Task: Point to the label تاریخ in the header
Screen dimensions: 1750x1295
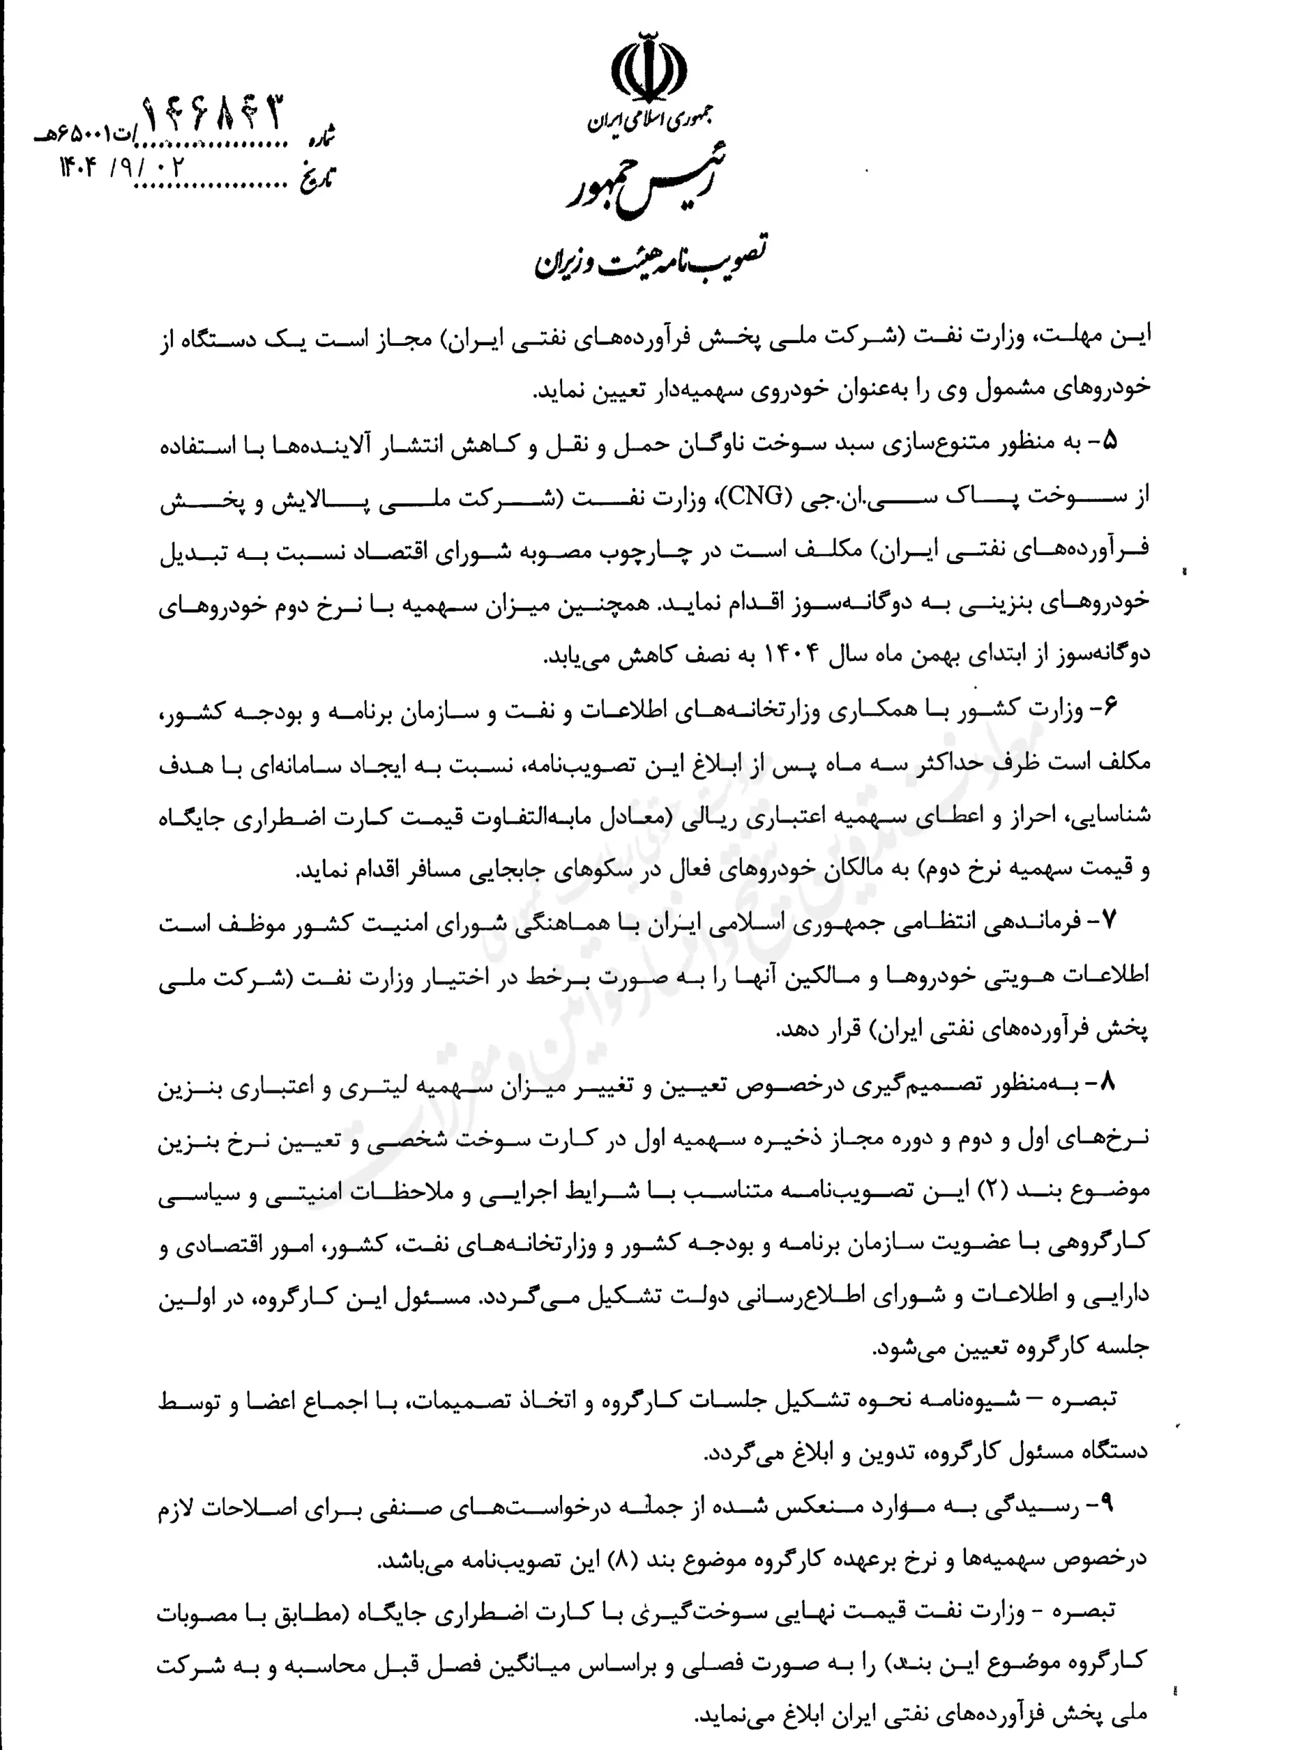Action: [x=318, y=178]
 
